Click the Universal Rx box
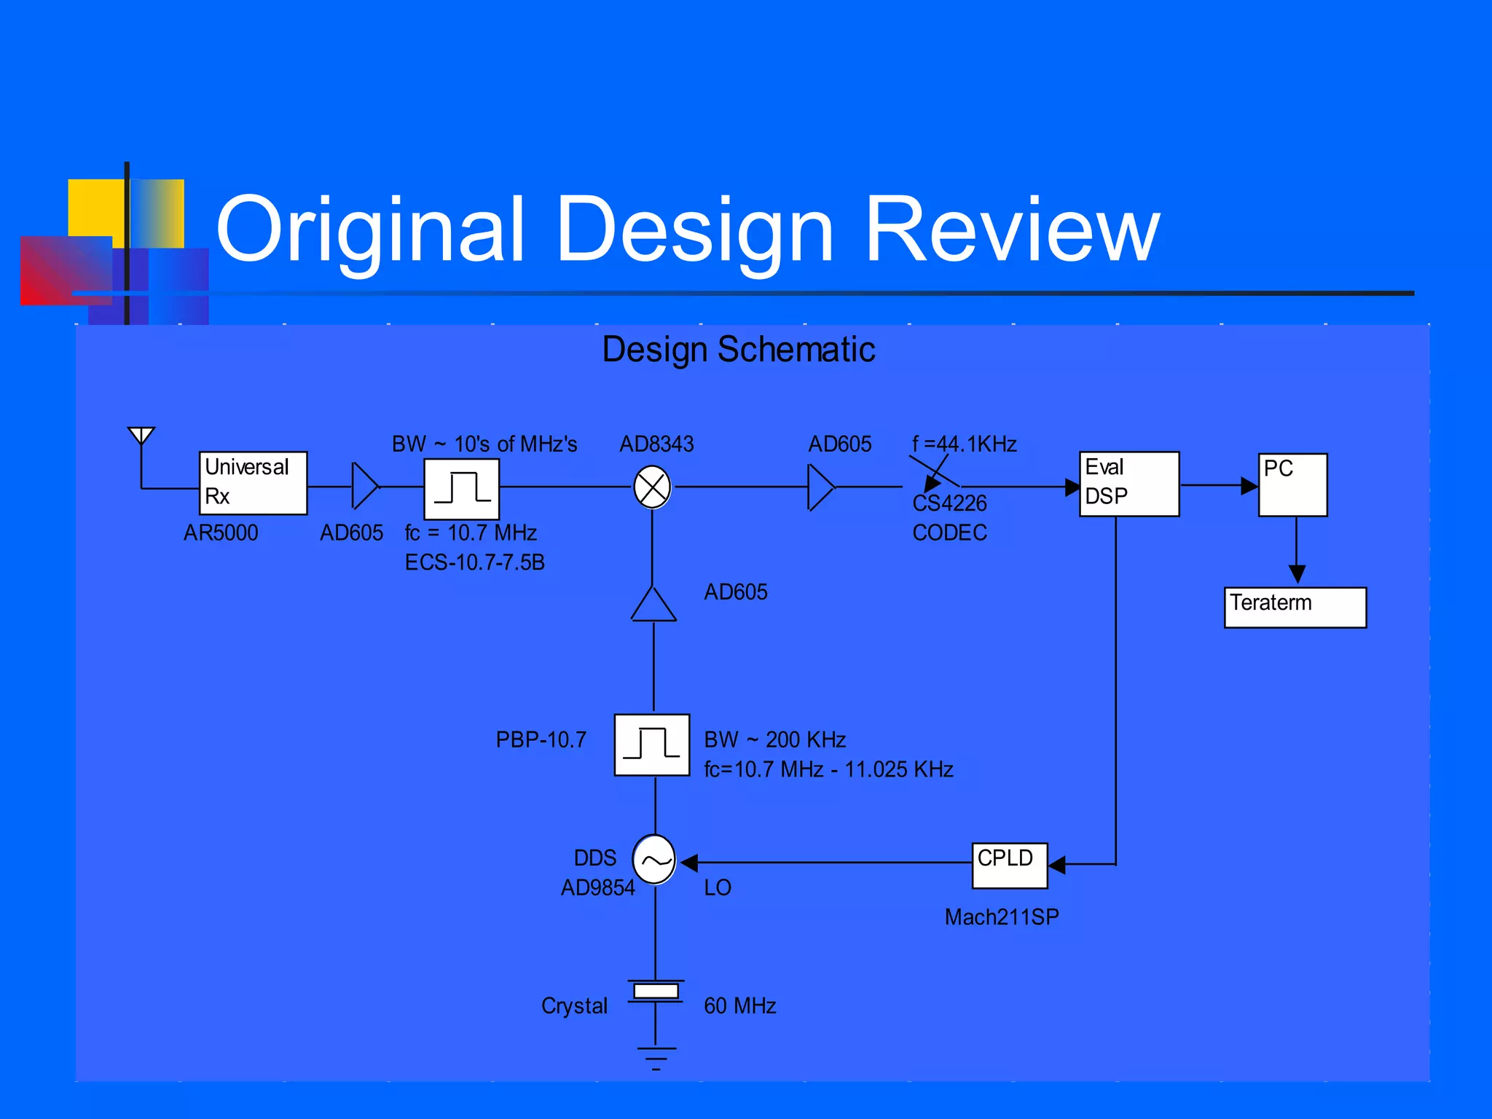(x=253, y=483)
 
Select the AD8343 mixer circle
(x=652, y=487)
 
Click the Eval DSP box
(x=1128, y=484)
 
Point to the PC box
(x=1292, y=485)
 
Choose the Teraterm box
(x=1295, y=607)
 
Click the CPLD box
(x=1009, y=865)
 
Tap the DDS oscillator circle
(x=654, y=860)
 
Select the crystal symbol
(x=656, y=991)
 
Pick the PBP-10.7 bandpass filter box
(x=651, y=745)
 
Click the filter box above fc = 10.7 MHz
(x=461, y=489)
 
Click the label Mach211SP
(x=1001, y=917)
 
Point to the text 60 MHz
(x=739, y=1006)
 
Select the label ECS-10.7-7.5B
(x=474, y=562)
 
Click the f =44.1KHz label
(x=964, y=444)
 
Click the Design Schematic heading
(x=738, y=349)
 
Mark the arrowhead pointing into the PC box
(x=1249, y=486)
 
